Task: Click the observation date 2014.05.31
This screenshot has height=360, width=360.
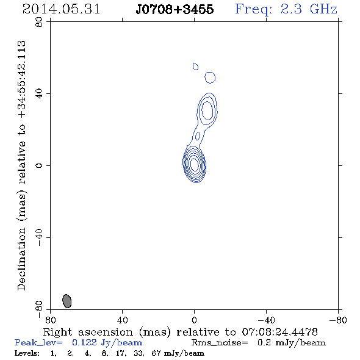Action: (x=61, y=9)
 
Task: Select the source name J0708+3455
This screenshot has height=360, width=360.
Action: (x=175, y=9)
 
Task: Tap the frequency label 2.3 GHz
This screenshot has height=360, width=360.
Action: (x=309, y=9)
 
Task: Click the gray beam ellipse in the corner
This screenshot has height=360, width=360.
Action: (x=67, y=301)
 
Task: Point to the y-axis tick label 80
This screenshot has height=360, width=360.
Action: (x=39, y=22)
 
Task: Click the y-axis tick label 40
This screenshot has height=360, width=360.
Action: (x=39, y=94)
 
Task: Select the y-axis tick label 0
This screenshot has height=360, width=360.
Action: (x=39, y=165)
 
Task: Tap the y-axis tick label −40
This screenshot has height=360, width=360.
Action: (x=39, y=237)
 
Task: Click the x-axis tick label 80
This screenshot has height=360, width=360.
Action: (x=50, y=320)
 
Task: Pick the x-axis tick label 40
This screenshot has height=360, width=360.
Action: (x=122, y=320)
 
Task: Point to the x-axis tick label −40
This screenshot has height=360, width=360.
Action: (x=266, y=320)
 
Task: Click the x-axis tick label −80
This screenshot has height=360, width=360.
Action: (x=338, y=320)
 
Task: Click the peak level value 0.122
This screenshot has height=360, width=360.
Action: (x=84, y=342)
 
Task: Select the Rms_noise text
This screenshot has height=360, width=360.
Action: (x=220, y=343)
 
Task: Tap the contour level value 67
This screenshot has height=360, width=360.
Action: (x=156, y=353)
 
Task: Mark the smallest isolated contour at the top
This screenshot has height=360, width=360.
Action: (x=195, y=67)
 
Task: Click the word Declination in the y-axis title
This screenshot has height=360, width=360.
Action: (x=21, y=259)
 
